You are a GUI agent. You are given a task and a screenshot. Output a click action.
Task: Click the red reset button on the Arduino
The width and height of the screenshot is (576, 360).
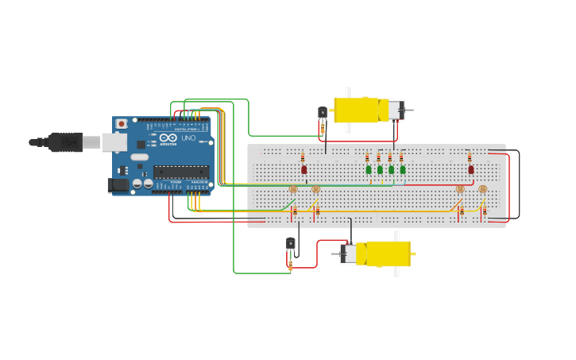(x=122, y=124)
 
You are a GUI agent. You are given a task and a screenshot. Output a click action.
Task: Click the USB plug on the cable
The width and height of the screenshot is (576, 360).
(x=65, y=142)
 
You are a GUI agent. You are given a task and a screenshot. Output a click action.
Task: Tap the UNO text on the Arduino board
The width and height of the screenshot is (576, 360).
(x=187, y=138)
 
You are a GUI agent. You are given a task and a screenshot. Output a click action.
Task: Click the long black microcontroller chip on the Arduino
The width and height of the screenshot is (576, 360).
(x=181, y=171)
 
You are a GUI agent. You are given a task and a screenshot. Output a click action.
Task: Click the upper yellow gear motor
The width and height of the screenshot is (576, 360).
(x=361, y=110)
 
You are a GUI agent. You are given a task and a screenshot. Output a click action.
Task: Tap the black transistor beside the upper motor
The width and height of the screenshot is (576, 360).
(x=322, y=114)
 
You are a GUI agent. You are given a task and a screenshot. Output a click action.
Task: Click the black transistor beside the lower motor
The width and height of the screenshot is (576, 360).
(x=290, y=244)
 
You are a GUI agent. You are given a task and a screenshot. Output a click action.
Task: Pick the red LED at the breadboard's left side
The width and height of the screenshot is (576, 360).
(x=303, y=169)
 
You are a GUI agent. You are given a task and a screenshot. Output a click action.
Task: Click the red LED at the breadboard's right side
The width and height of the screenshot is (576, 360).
(x=470, y=169)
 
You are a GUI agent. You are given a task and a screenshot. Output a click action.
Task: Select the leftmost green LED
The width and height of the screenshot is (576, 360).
(x=368, y=169)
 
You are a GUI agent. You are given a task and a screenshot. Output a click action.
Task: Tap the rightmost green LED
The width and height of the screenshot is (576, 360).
(x=402, y=169)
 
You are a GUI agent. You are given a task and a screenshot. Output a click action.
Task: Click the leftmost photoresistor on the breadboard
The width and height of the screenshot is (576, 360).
(x=292, y=189)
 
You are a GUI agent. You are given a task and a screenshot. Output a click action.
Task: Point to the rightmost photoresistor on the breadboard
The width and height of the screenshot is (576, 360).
(x=482, y=189)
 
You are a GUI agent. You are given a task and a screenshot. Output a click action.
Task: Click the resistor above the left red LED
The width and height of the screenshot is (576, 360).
(x=303, y=156)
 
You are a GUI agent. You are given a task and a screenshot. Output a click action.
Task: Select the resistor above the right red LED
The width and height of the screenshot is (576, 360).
(x=470, y=156)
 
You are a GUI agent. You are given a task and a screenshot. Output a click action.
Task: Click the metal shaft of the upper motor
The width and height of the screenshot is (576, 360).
(x=409, y=110)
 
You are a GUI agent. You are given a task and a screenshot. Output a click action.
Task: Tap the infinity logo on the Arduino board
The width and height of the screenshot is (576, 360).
(x=168, y=137)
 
